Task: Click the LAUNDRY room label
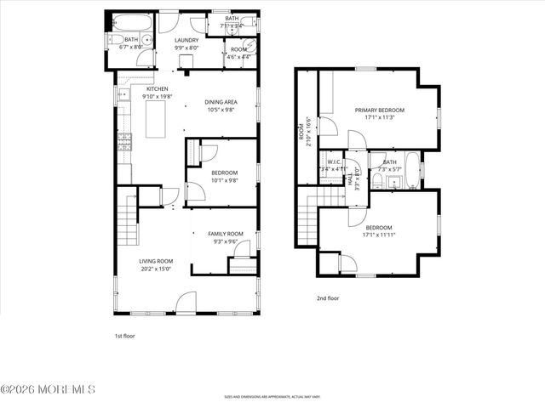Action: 186,40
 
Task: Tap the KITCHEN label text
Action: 157,88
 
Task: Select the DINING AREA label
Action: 220,103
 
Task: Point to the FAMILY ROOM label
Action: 226,234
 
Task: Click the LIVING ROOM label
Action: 157,261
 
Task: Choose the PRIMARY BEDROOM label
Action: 380,110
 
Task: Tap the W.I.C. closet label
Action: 335,161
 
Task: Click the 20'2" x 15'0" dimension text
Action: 157,269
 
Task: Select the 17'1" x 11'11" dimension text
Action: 379,235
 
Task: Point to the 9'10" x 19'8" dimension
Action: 157,97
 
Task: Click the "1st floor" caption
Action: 125,336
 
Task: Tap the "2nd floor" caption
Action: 328,298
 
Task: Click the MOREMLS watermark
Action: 48,389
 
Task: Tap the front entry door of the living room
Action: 186,303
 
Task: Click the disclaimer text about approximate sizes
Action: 272,396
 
